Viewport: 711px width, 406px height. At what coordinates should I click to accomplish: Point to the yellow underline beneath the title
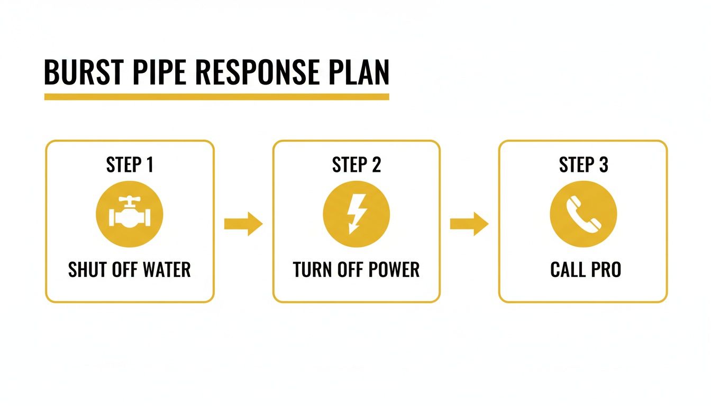point(216,97)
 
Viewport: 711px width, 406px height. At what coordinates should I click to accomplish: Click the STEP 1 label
point(130,165)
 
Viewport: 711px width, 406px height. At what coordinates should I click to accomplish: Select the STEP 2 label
point(356,165)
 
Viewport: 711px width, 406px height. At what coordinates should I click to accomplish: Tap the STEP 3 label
point(584,165)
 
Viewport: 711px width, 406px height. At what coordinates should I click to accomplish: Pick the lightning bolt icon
point(355,214)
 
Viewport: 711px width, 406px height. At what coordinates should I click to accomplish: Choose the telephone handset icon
point(583,214)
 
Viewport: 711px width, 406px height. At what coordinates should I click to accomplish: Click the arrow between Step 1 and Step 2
point(243,224)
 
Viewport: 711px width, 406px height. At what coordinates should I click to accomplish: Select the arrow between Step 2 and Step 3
point(469,224)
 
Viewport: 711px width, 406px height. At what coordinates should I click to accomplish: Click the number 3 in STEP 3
point(603,165)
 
